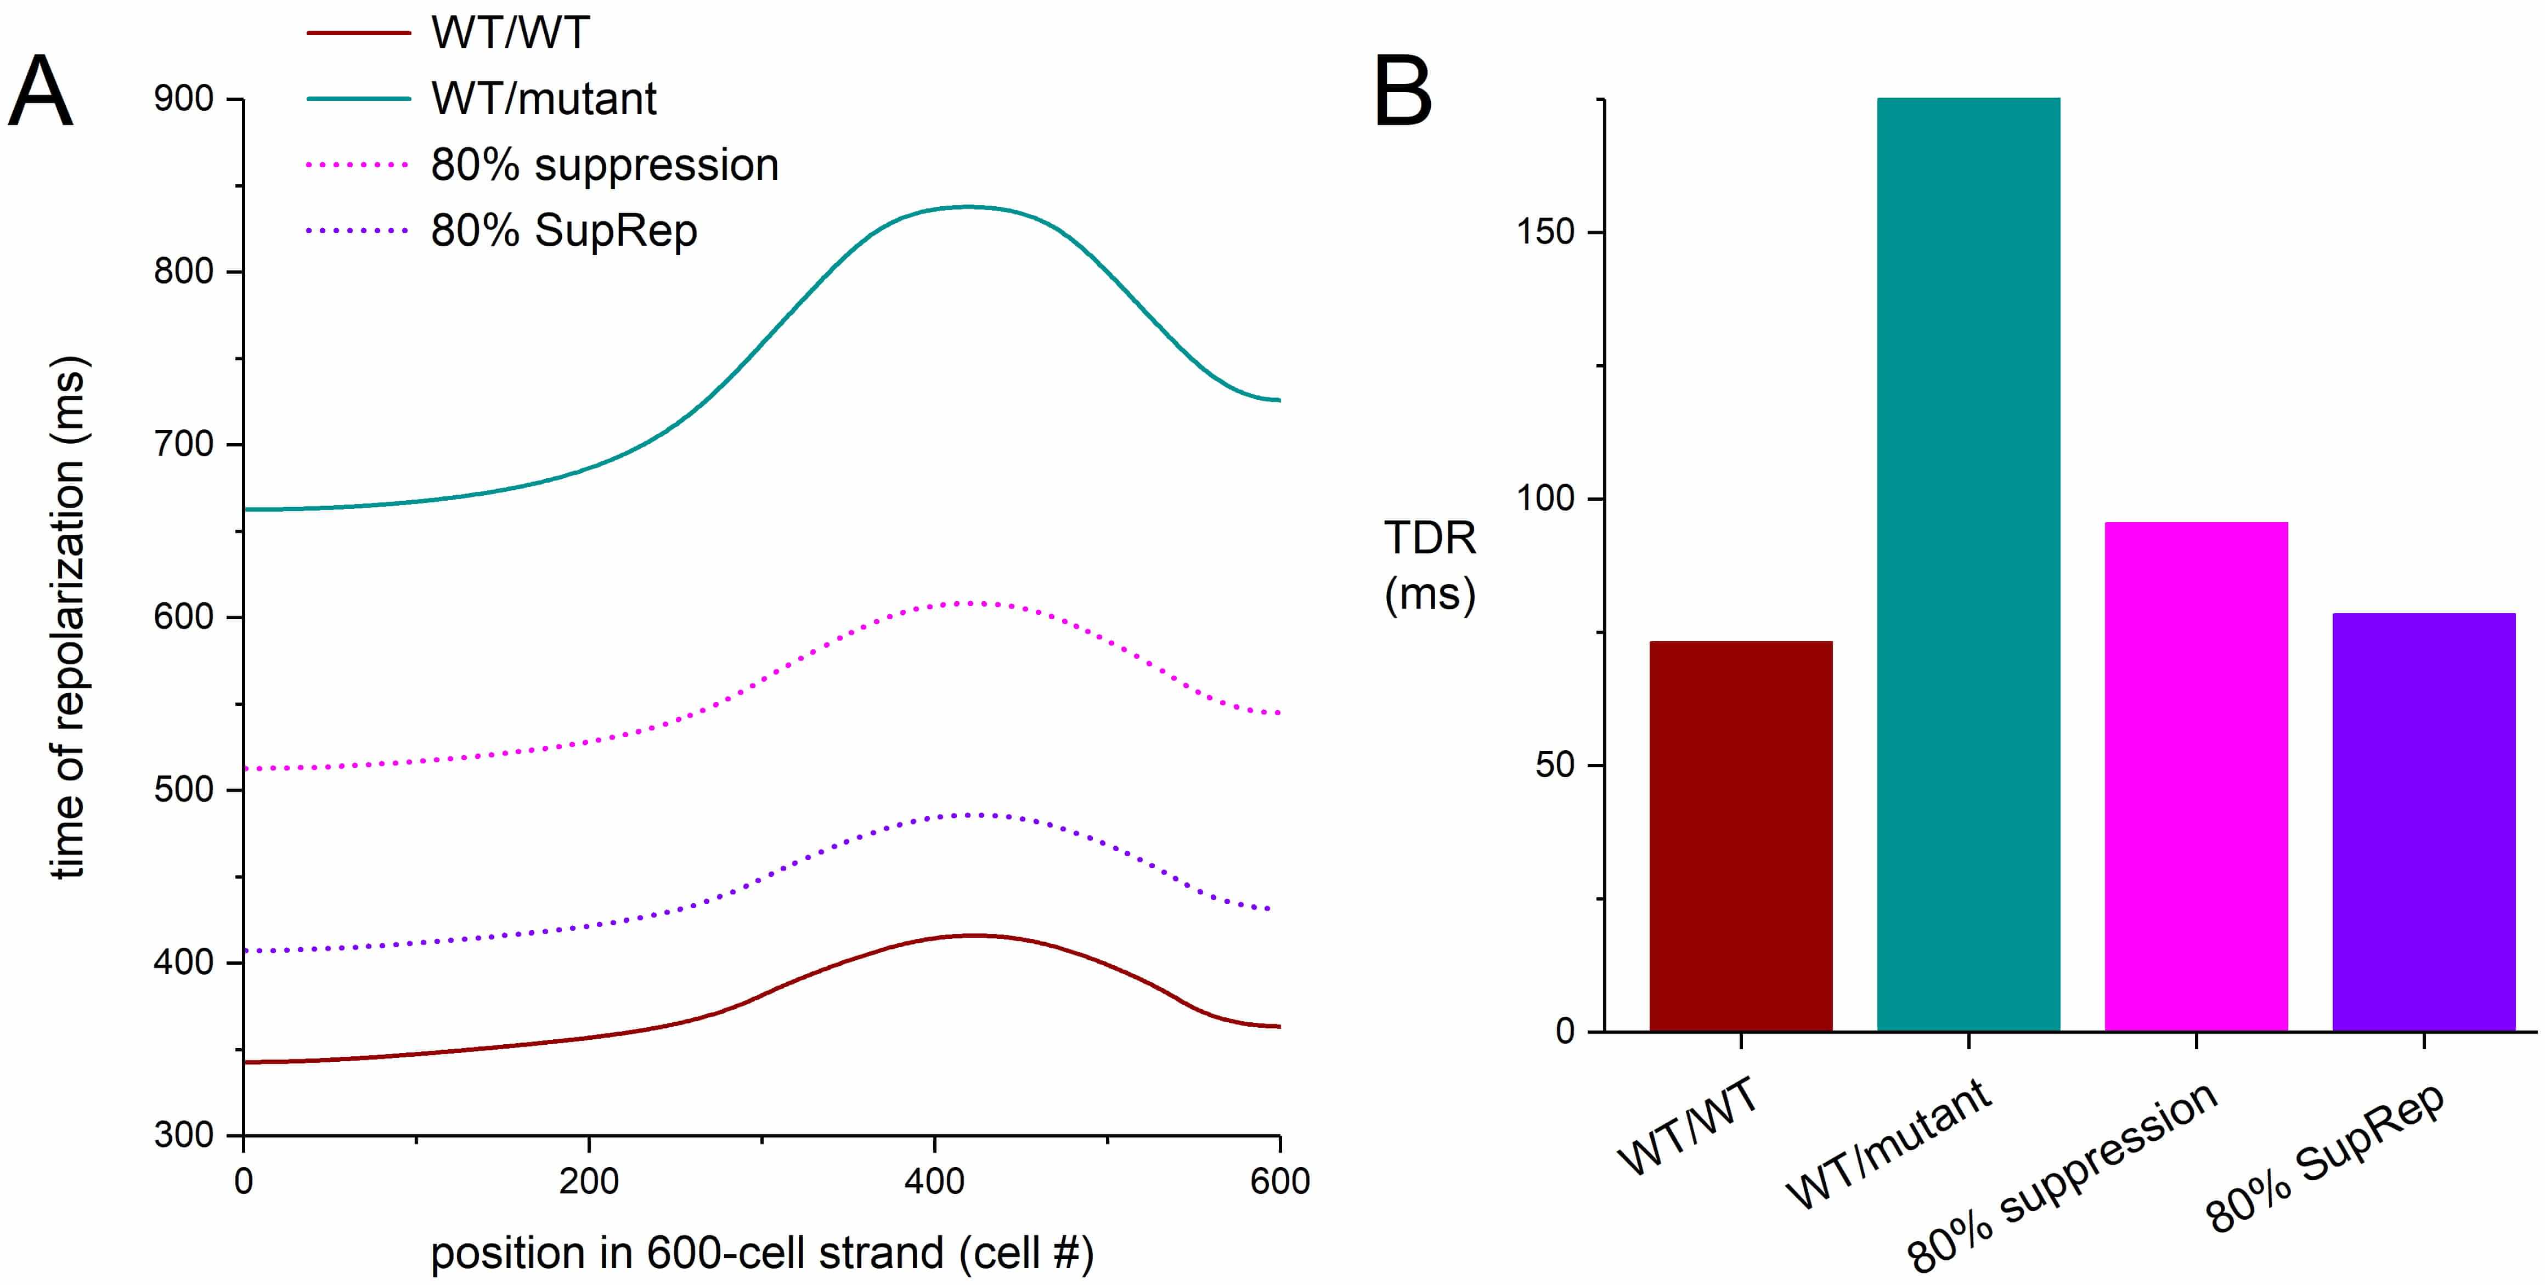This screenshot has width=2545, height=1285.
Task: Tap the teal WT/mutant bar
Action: (x=1968, y=564)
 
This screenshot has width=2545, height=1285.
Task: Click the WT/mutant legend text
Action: (x=543, y=99)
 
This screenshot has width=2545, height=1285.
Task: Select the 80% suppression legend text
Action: (x=605, y=165)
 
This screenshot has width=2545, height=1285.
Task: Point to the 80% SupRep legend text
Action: (x=564, y=231)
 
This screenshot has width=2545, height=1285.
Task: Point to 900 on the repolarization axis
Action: (x=184, y=99)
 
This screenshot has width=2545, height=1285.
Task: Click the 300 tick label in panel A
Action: (x=184, y=1135)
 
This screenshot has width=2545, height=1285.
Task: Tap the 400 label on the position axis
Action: (x=934, y=1181)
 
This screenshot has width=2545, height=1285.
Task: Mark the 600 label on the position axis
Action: (x=1279, y=1181)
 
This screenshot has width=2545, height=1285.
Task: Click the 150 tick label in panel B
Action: (x=1545, y=232)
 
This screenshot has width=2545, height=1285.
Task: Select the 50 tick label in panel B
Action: (x=1555, y=766)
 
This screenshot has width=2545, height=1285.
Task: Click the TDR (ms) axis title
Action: (x=1430, y=566)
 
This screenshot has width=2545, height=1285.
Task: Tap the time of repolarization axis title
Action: (x=69, y=618)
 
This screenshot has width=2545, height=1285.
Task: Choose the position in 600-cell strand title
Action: (x=761, y=1253)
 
